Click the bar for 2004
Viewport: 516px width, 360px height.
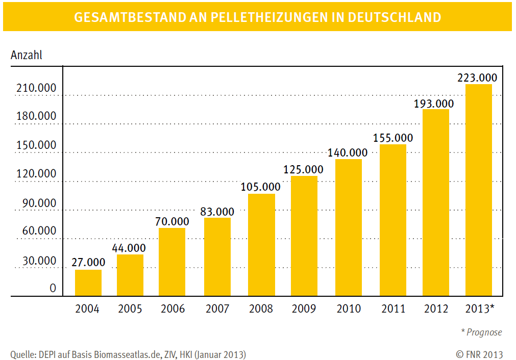[x=88, y=283]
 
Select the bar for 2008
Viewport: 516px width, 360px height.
[x=261, y=245]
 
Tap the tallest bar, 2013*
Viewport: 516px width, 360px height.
[x=479, y=190]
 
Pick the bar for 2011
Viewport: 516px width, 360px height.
[x=393, y=220]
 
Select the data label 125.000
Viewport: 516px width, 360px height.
[x=303, y=170]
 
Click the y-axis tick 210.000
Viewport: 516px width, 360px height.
[x=36, y=88]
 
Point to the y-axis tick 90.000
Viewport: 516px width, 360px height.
[x=39, y=203]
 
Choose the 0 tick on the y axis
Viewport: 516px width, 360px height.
[x=53, y=289]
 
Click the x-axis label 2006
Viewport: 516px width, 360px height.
[x=173, y=309]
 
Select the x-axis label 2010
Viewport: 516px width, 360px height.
[x=348, y=309]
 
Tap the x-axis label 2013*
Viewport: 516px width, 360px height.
[x=480, y=309]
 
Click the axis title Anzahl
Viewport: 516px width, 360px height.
[x=27, y=55]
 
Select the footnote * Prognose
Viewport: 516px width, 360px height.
[x=481, y=332]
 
